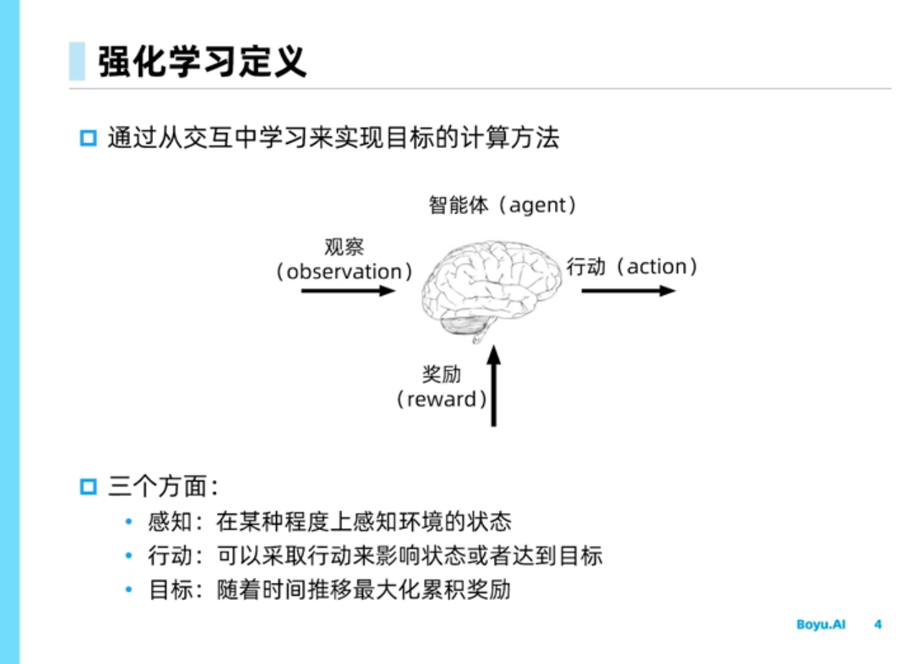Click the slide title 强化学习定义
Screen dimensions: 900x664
click(x=203, y=61)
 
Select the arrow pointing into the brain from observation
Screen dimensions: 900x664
click(x=348, y=291)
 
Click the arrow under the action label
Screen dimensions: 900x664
click(x=628, y=291)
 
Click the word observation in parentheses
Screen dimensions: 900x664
click(x=344, y=272)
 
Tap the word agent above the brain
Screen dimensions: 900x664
click(x=539, y=206)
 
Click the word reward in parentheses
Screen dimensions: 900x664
click(x=441, y=400)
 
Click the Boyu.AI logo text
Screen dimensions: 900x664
click(x=821, y=624)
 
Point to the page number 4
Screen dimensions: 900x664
click(x=878, y=624)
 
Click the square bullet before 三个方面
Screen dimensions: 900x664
click(x=88, y=487)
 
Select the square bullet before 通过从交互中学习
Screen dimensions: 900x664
click(x=88, y=137)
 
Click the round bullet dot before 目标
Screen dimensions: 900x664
click(x=129, y=591)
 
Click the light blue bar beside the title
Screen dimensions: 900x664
click(x=77, y=61)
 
